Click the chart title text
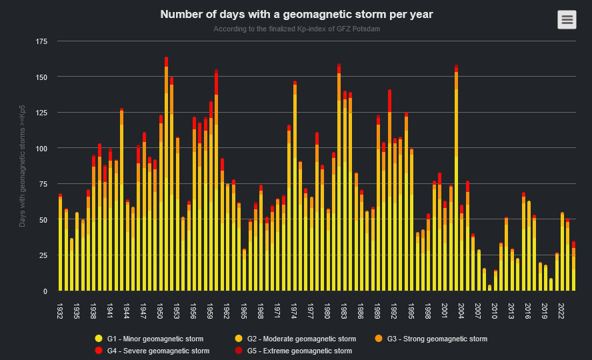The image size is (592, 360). click(x=297, y=14)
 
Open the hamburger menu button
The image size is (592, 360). click(x=567, y=20)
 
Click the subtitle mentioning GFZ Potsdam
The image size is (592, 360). click(x=297, y=29)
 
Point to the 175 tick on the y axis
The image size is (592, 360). click(x=41, y=42)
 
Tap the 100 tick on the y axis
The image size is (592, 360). click(x=41, y=148)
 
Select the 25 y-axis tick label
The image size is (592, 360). click(x=43, y=255)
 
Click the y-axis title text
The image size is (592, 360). click(x=23, y=166)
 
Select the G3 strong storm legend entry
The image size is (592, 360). click(x=443, y=339)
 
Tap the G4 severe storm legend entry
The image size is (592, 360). click(x=157, y=351)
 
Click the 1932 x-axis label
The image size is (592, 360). click(x=60, y=311)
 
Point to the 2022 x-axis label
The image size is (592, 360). click(x=562, y=311)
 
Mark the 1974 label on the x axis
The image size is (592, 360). click(x=295, y=311)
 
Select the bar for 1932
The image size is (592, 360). click(x=60, y=247)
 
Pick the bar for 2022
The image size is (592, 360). click(x=562, y=253)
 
